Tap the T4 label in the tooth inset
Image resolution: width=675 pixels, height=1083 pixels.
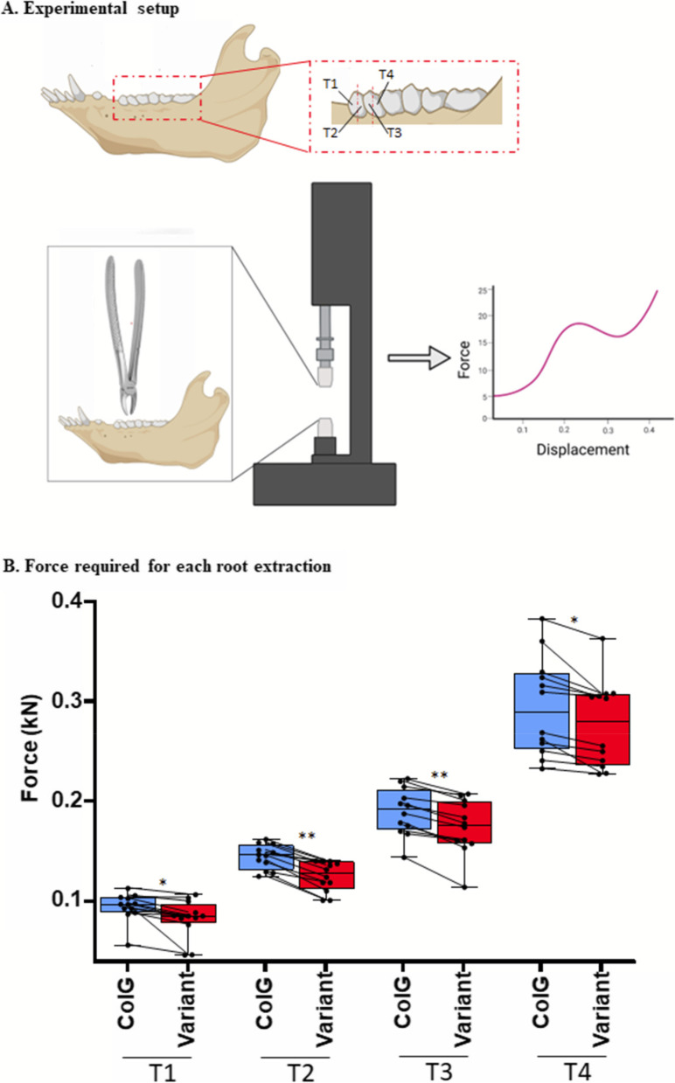[x=386, y=75]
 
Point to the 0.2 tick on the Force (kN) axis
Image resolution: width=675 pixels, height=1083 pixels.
[x=88, y=801]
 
